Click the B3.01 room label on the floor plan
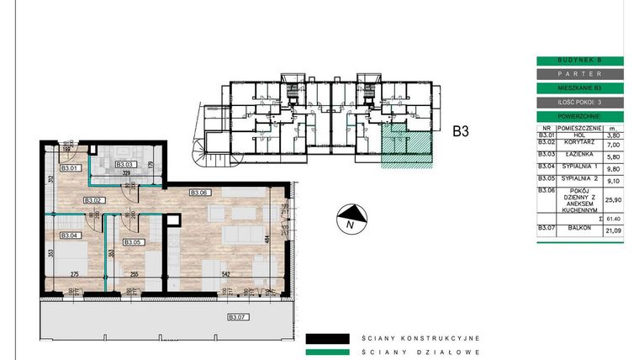point(71,168)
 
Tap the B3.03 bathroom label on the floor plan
point(126,164)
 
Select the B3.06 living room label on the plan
point(199,192)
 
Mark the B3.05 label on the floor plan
point(134,242)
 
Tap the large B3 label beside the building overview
point(460,131)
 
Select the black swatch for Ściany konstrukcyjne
point(327,339)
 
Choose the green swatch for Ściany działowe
point(327,353)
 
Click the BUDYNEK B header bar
point(579,61)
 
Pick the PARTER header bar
point(579,74)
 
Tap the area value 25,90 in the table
point(613,199)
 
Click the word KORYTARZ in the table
point(577,145)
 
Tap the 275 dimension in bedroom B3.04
point(73,273)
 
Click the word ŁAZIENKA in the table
point(577,156)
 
